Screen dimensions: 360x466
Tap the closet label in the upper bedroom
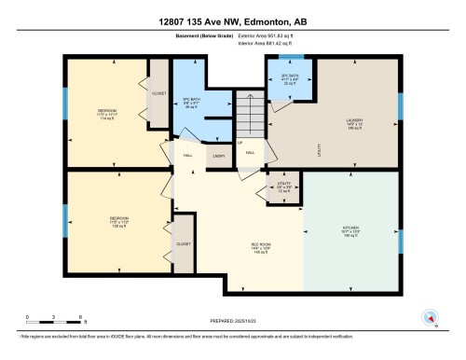click(x=158, y=93)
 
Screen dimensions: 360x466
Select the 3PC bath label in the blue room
click(x=191, y=102)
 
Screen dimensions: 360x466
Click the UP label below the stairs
click(x=240, y=143)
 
